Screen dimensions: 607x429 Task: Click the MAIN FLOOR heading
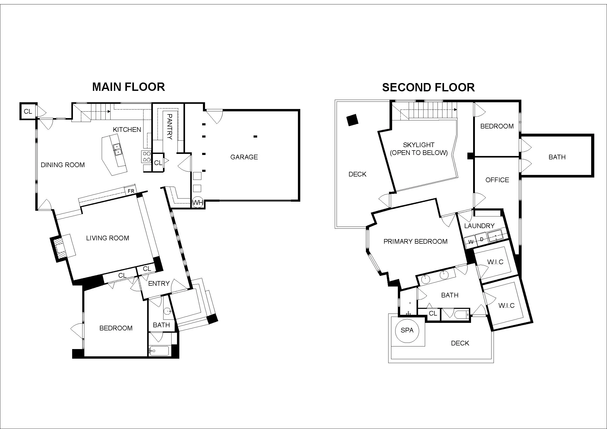pyautogui.click(x=128, y=87)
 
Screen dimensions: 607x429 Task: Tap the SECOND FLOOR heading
pyautogui.click(x=428, y=87)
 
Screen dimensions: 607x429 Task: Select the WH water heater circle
pyautogui.click(x=198, y=202)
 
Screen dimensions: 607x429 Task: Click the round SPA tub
pyautogui.click(x=407, y=330)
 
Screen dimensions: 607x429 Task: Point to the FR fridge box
pyautogui.click(x=131, y=191)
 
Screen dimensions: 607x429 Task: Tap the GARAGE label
pyautogui.click(x=244, y=157)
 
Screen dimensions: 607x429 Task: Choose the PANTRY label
pyautogui.click(x=169, y=127)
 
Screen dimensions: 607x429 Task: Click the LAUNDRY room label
pyautogui.click(x=479, y=226)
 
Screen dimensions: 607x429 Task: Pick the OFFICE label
pyautogui.click(x=497, y=180)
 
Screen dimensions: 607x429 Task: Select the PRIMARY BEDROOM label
pyautogui.click(x=415, y=241)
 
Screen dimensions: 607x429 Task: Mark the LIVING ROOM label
pyautogui.click(x=108, y=238)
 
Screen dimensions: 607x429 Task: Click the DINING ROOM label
pyautogui.click(x=63, y=165)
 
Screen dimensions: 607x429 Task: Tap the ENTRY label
pyautogui.click(x=159, y=284)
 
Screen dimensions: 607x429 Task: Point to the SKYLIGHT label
pyautogui.click(x=419, y=145)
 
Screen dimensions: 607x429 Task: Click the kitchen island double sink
pyautogui.click(x=117, y=149)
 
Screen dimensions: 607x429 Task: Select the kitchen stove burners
pyautogui.click(x=146, y=156)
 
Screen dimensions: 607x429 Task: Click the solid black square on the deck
pyautogui.click(x=352, y=120)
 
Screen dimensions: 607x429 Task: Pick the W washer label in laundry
pyautogui.click(x=471, y=242)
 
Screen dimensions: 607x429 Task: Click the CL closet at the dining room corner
pyautogui.click(x=28, y=112)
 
